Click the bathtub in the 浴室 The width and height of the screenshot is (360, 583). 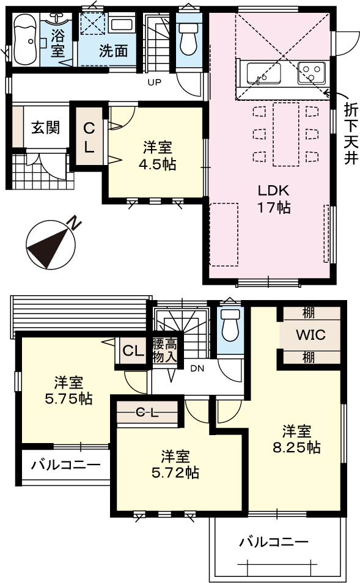click(x=24, y=40)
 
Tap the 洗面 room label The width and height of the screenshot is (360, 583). click(x=114, y=51)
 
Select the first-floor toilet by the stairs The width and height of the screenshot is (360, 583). click(x=188, y=39)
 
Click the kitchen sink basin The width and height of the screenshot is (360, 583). click(x=263, y=73)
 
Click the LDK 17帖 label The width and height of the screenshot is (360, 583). click(x=274, y=199)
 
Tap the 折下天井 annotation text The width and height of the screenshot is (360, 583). click(x=351, y=133)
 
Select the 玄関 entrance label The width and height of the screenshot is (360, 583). click(x=45, y=128)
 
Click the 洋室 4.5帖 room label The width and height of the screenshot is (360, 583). click(x=157, y=155)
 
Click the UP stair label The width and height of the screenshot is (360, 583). click(x=155, y=82)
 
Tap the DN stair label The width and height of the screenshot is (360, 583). click(x=197, y=369)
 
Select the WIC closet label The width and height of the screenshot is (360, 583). click(x=310, y=335)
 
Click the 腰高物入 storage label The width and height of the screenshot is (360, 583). click(x=165, y=350)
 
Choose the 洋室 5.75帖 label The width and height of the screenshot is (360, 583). click(x=68, y=391)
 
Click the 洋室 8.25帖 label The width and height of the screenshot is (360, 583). click(x=296, y=439)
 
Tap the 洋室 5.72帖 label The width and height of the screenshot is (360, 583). click(x=175, y=464)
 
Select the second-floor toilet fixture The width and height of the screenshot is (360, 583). click(x=230, y=325)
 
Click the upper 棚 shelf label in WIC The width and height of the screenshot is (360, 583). click(x=308, y=313)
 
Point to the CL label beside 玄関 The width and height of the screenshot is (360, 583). click(x=89, y=138)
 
